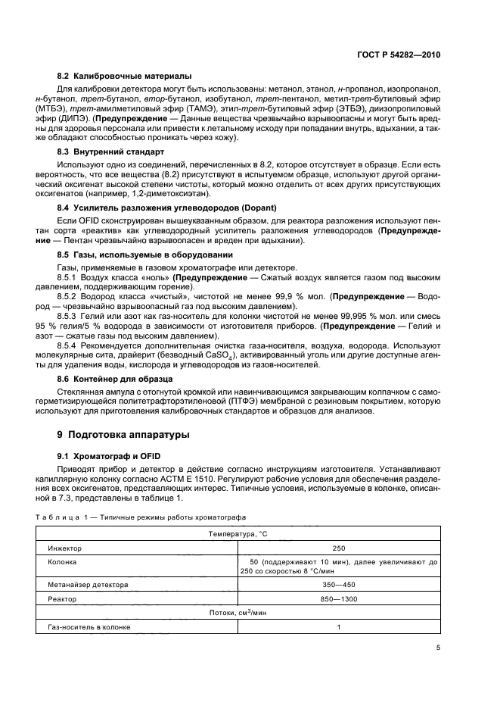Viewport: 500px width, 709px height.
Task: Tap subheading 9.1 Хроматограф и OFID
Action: point(110,455)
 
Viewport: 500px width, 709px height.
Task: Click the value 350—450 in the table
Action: point(339,585)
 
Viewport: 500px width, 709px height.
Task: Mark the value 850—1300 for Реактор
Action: point(339,599)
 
